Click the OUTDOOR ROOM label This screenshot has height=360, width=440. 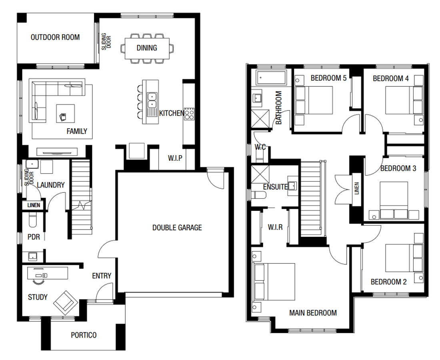[55, 38]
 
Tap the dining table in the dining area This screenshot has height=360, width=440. [147, 48]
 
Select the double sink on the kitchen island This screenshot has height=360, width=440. [152, 100]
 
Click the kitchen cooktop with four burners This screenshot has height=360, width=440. [189, 113]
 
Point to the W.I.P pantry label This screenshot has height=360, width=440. [175, 158]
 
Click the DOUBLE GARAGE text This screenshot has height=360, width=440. [177, 228]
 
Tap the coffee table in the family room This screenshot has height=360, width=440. [66, 113]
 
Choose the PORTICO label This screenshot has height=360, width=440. [84, 335]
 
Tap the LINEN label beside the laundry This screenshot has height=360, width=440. [34, 205]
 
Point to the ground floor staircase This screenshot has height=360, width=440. [82, 196]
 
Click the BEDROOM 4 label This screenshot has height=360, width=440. [390, 78]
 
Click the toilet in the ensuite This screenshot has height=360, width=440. [259, 195]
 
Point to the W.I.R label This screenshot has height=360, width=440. [275, 228]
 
